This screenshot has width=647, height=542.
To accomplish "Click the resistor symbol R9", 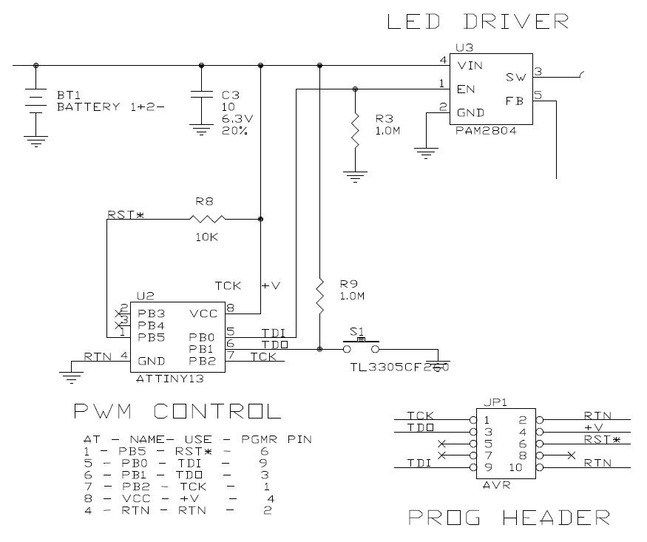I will coord(319,294).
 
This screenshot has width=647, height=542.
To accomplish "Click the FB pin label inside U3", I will coord(514,101).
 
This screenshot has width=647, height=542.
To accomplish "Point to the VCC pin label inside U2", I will coord(203,313).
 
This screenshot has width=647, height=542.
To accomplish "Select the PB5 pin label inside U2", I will coord(151,337).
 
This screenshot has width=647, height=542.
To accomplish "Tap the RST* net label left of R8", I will coord(125,215).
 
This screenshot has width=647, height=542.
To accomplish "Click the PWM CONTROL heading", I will coord(177,412).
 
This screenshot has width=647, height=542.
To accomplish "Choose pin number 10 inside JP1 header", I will coord(515,467).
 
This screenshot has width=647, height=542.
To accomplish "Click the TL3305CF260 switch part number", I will coord(399,366).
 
